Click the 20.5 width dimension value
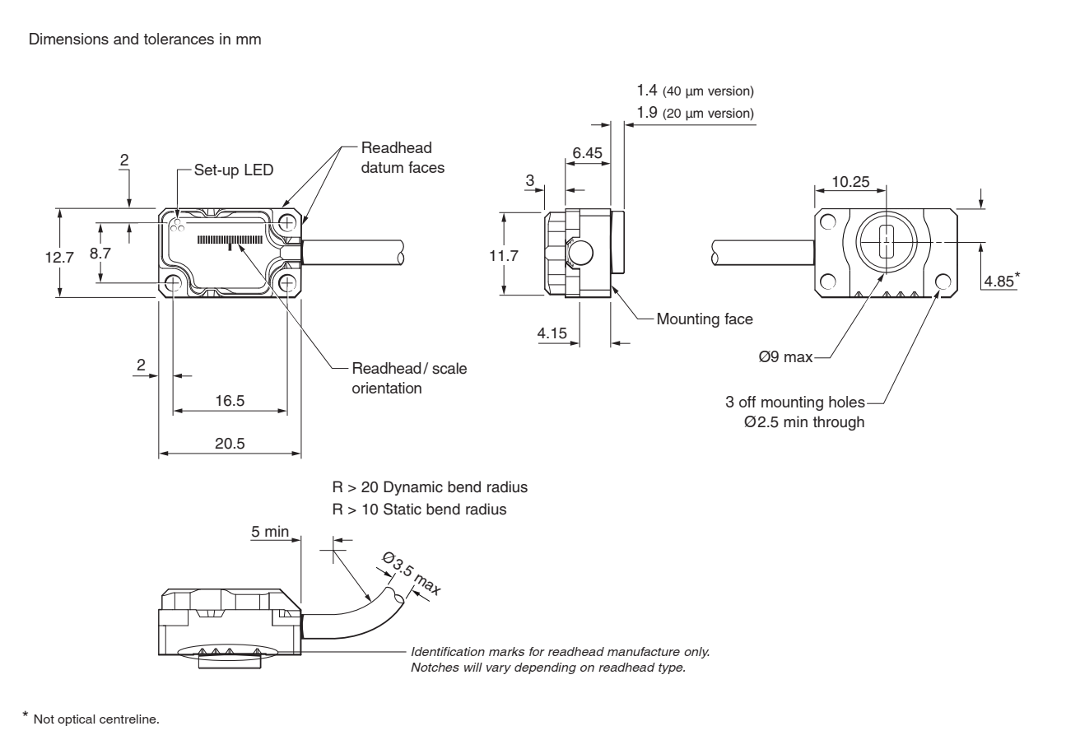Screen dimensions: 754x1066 tap(230, 443)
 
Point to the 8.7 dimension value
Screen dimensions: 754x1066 tap(101, 254)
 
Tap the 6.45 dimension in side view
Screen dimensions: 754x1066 tap(586, 152)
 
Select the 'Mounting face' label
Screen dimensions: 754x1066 tap(704, 319)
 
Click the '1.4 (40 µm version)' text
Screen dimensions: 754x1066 tap(696, 91)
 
